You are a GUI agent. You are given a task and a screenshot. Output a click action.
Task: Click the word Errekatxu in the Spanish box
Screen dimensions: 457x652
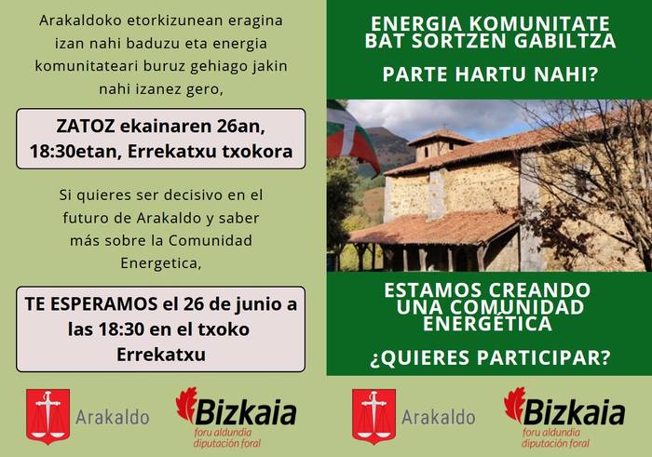(161, 354)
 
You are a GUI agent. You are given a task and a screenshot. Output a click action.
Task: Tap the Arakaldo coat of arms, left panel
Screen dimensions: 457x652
(48, 414)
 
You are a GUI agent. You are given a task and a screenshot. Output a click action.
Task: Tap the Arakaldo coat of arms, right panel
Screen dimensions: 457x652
(374, 414)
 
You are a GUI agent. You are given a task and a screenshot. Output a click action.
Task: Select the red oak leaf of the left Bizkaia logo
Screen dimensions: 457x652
(187, 404)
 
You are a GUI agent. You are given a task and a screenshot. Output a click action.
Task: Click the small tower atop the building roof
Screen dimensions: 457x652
(440, 145)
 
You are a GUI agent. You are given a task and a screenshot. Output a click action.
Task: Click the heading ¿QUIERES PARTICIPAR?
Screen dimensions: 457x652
(489, 356)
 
